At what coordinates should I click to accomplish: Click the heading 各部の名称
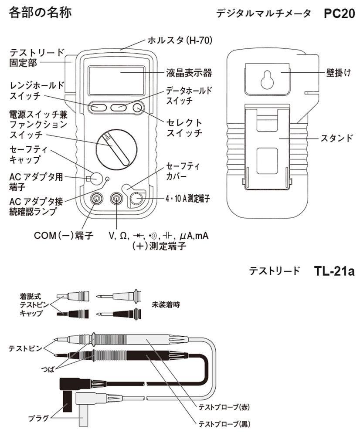[x=40, y=12]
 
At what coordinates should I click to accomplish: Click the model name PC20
[x=339, y=14]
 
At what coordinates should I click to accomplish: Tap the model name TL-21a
[x=334, y=270]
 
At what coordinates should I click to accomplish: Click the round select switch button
[x=139, y=108]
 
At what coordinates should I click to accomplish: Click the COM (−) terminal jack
[x=96, y=199]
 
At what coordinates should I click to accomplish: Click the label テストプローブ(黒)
[x=224, y=423]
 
